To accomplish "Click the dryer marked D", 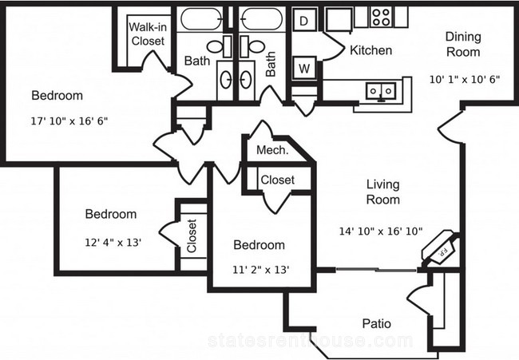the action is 304,20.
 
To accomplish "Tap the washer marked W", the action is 304,68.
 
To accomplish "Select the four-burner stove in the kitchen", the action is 380,18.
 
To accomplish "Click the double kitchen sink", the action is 381,91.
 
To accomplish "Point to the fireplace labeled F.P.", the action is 440,249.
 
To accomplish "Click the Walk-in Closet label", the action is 148,34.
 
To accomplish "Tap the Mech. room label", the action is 272,150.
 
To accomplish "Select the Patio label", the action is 377,323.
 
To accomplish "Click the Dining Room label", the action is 463,44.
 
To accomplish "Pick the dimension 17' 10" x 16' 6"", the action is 69,121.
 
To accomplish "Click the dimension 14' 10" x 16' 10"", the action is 381,231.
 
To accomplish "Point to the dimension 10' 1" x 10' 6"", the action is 465,79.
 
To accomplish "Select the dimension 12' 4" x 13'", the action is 113,243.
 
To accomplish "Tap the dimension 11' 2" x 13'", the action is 261,270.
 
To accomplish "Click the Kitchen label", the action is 371,50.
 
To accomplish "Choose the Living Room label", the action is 383,192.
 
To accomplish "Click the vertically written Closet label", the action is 192,235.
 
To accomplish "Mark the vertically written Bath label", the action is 271,64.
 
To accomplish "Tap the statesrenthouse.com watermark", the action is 311,341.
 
